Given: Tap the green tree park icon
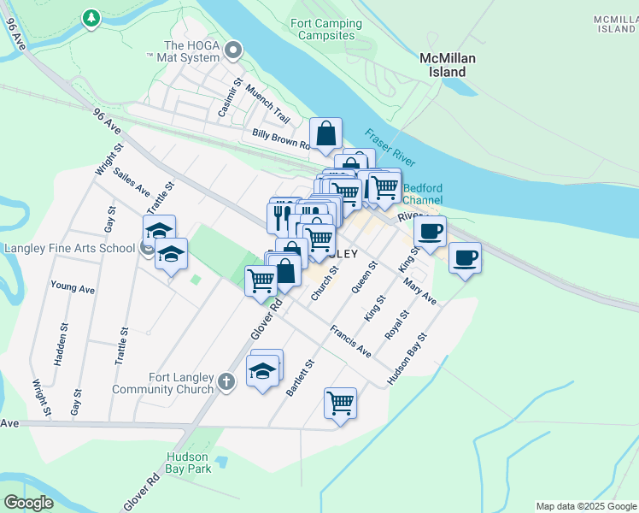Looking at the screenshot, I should [x=91, y=17].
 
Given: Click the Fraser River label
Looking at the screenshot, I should [x=390, y=148].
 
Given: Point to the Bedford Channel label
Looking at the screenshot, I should [x=423, y=194].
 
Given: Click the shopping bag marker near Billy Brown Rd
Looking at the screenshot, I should [x=326, y=134].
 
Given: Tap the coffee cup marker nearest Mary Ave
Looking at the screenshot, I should [x=465, y=257].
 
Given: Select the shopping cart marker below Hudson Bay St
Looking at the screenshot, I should [x=340, y=402].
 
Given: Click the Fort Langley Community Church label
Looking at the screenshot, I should [x=162, y=382].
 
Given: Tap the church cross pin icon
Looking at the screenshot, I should [x=226, y=381].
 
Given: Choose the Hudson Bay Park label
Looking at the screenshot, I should [x=189, y=463].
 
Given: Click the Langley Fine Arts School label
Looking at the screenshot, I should [x=69, y=248].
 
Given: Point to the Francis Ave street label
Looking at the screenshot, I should [x=351, y=340].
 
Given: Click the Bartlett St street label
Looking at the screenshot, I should [x=301, y=377].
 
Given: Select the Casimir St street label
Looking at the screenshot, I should [x=226, y=95].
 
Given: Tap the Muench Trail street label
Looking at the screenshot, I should [x=267, y=103].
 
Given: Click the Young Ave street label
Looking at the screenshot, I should [x=73, y=287].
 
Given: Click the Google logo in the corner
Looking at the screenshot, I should [x=29, y=503].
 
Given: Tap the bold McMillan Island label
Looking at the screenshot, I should [x=447, y=65].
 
